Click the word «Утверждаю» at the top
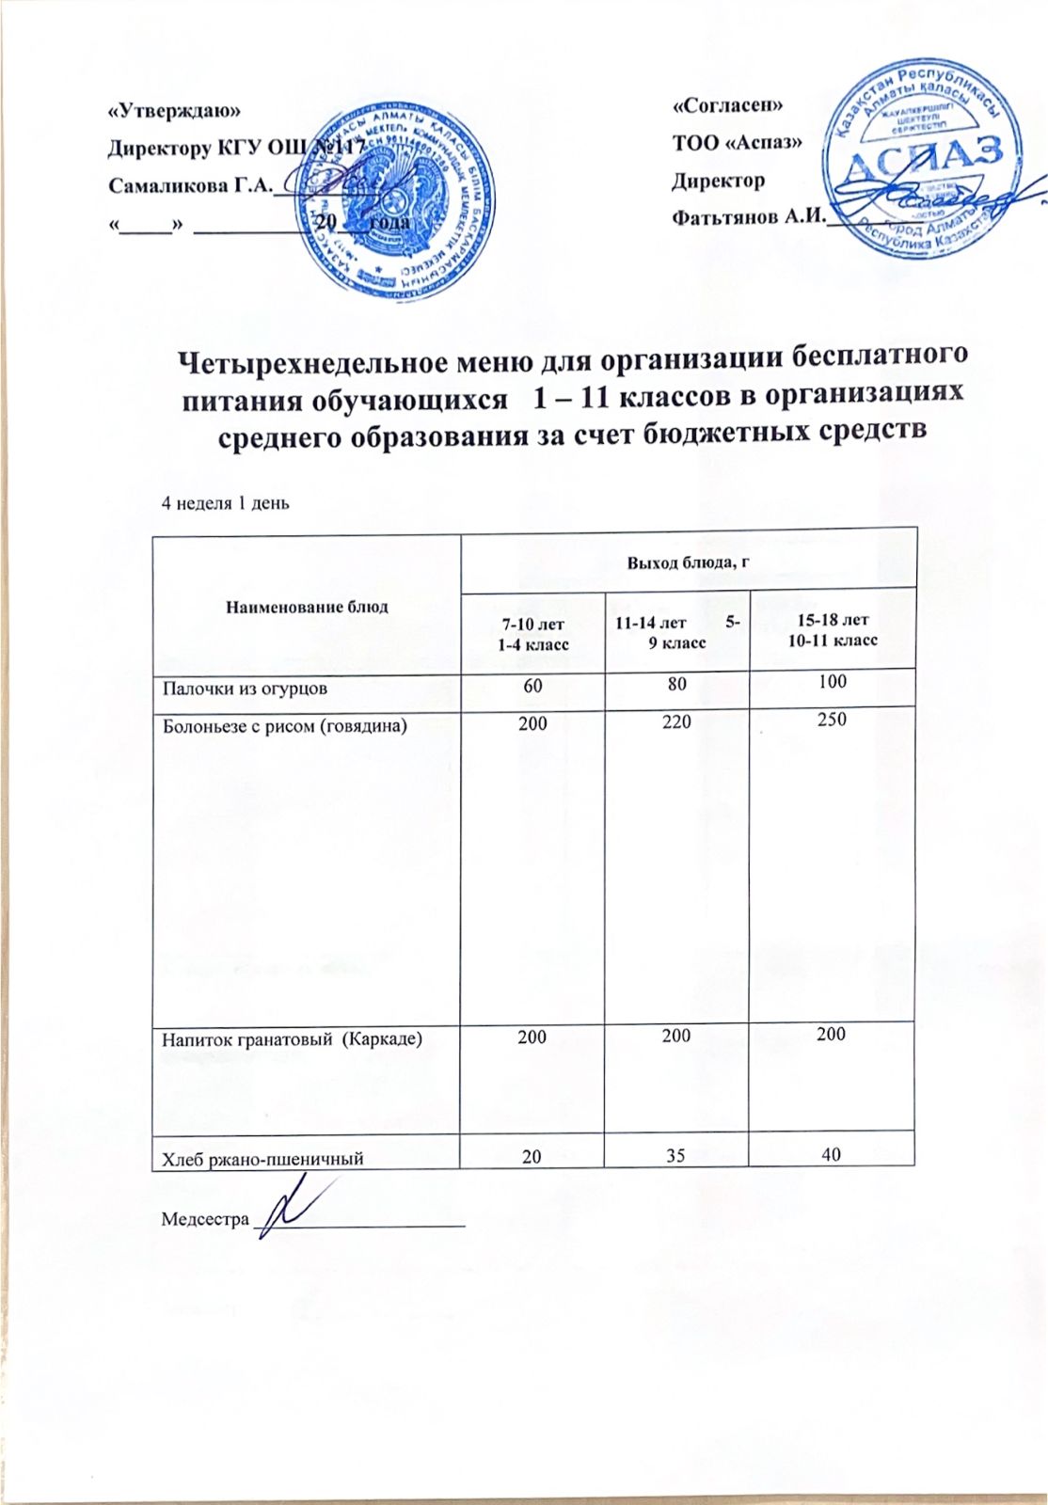coord(175,109)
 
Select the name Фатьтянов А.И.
coord(747,217)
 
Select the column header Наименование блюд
coord(307,607)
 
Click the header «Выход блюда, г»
coord(688,562)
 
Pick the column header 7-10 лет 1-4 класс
coord(533,631)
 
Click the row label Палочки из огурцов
coord(246,688)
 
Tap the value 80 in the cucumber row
coord(676,684)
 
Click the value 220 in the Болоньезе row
coord(675,722)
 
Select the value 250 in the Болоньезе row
coord(832,720)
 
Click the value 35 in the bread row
coord(676,1154)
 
